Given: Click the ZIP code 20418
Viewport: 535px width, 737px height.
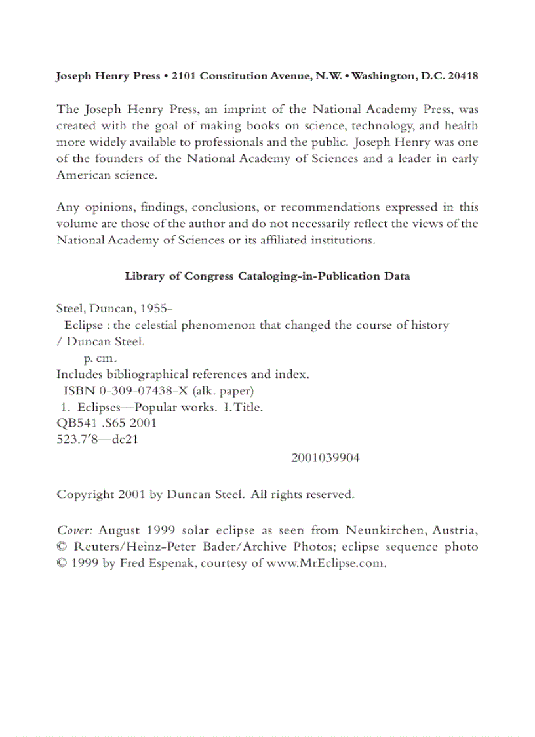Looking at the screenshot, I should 462,76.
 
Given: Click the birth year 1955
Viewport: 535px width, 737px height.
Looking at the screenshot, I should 157,308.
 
